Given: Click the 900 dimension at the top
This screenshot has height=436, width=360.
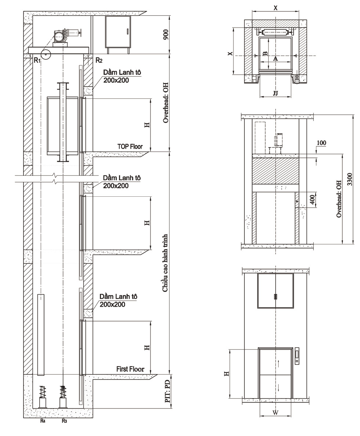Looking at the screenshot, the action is point(166,34).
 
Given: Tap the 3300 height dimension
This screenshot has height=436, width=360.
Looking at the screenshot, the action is point(350,179).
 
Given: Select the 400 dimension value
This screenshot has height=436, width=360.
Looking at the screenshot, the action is point(312,200).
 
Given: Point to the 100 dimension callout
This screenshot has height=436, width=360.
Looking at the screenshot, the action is point(321,143).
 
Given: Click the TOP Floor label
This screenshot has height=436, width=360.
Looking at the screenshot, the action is point(130,146).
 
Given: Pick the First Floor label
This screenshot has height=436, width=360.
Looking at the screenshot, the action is point(130,369).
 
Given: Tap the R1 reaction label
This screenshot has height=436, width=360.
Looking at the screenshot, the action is point(37,60).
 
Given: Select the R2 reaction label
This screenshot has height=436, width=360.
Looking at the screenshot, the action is point(99,60).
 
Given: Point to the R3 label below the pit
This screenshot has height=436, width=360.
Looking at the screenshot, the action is point(64,421).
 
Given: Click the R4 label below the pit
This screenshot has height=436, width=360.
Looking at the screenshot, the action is point(43,421).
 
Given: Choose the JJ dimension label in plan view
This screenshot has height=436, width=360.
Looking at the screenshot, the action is point(275,93).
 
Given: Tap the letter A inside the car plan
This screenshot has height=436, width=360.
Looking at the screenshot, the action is point(275,59).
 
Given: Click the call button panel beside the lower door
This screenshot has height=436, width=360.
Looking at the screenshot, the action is point(298,356).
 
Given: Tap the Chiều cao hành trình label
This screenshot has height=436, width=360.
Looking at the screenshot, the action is point(166,263).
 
